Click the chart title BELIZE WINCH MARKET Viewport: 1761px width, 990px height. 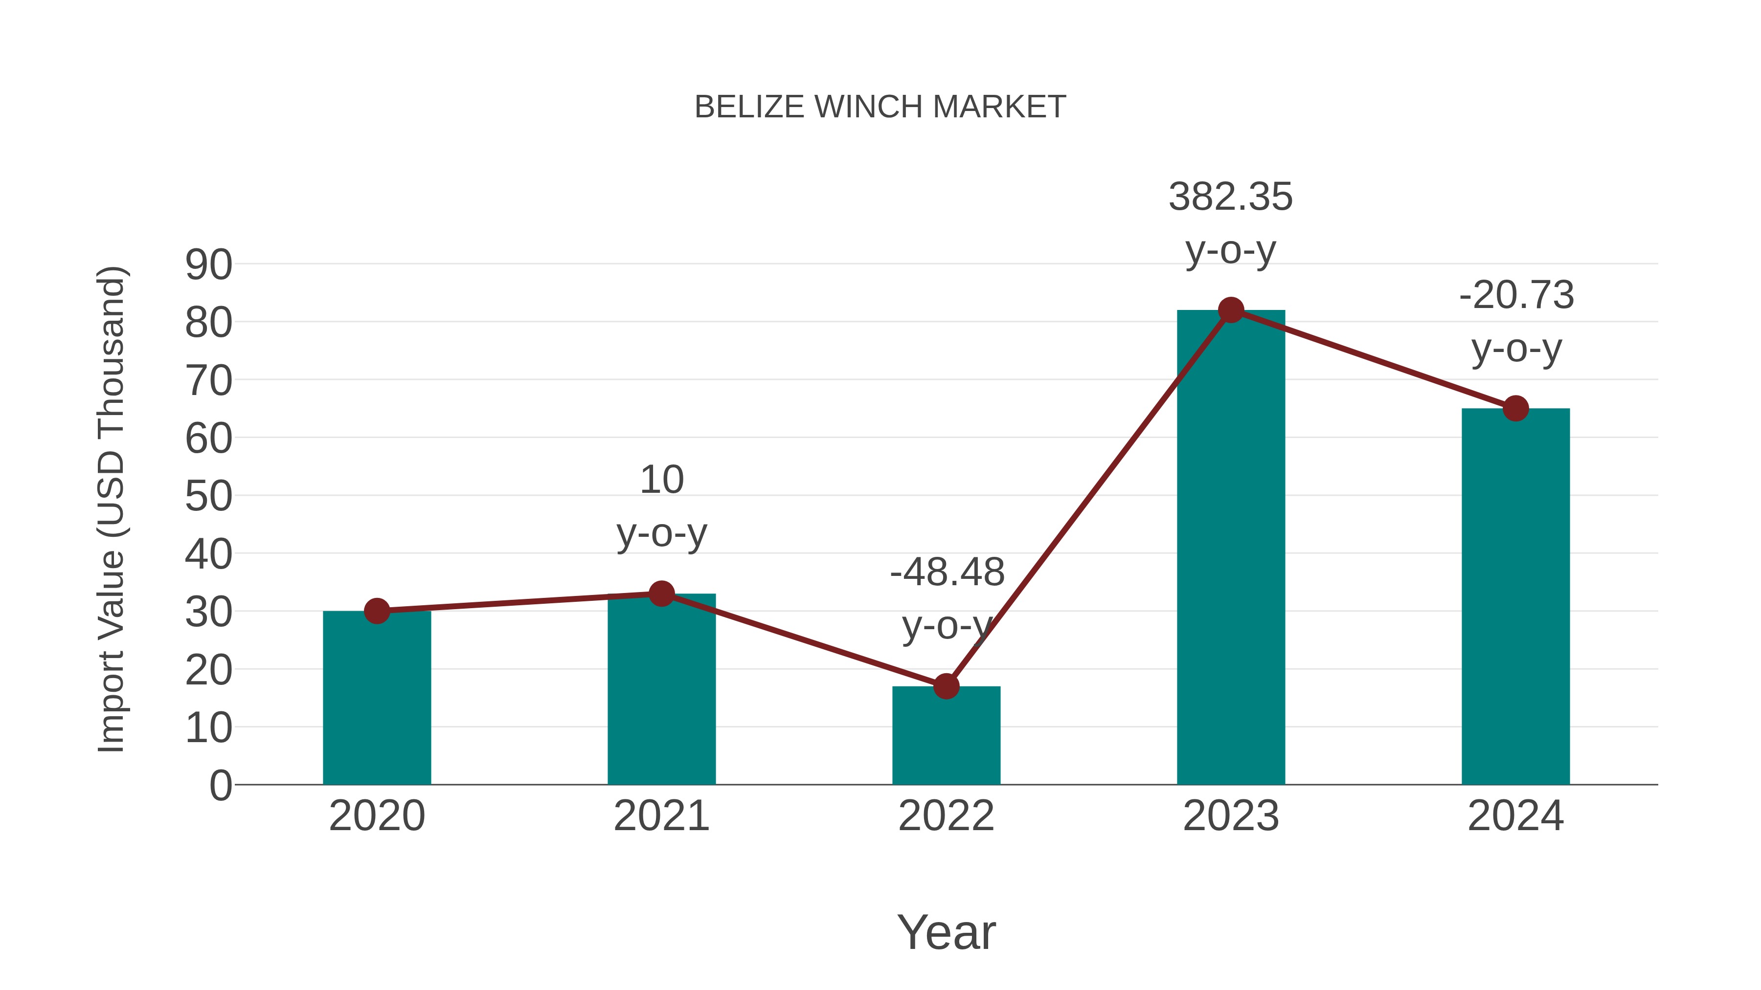880,107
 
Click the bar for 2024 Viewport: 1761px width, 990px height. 1515,601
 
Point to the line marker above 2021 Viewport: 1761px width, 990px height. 661,594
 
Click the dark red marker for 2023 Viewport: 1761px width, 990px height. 1231,310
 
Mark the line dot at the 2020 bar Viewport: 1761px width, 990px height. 377,611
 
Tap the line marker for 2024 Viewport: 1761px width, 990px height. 1515,409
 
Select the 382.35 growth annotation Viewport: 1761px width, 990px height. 1231,198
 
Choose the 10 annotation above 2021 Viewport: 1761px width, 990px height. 661,480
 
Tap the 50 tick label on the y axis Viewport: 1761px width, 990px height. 208,497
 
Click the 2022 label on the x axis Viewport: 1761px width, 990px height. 946,816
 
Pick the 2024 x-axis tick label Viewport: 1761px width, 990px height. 1515,816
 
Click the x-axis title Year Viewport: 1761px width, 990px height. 946,933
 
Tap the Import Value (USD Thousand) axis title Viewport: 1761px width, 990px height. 111,509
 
